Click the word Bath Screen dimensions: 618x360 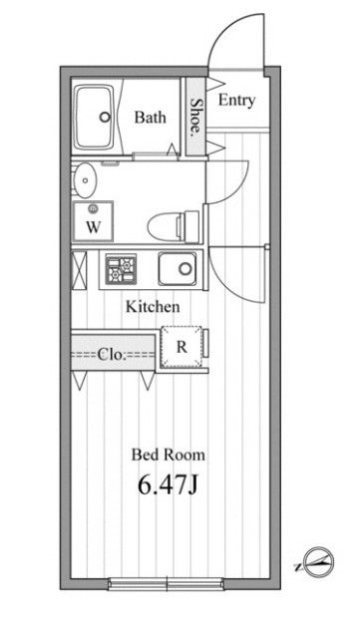[150, 117]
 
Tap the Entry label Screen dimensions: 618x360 [236, 100]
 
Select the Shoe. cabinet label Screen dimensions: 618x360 [195, 120]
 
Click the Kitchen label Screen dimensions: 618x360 [152, 307]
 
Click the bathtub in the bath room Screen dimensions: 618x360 [98, 117]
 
